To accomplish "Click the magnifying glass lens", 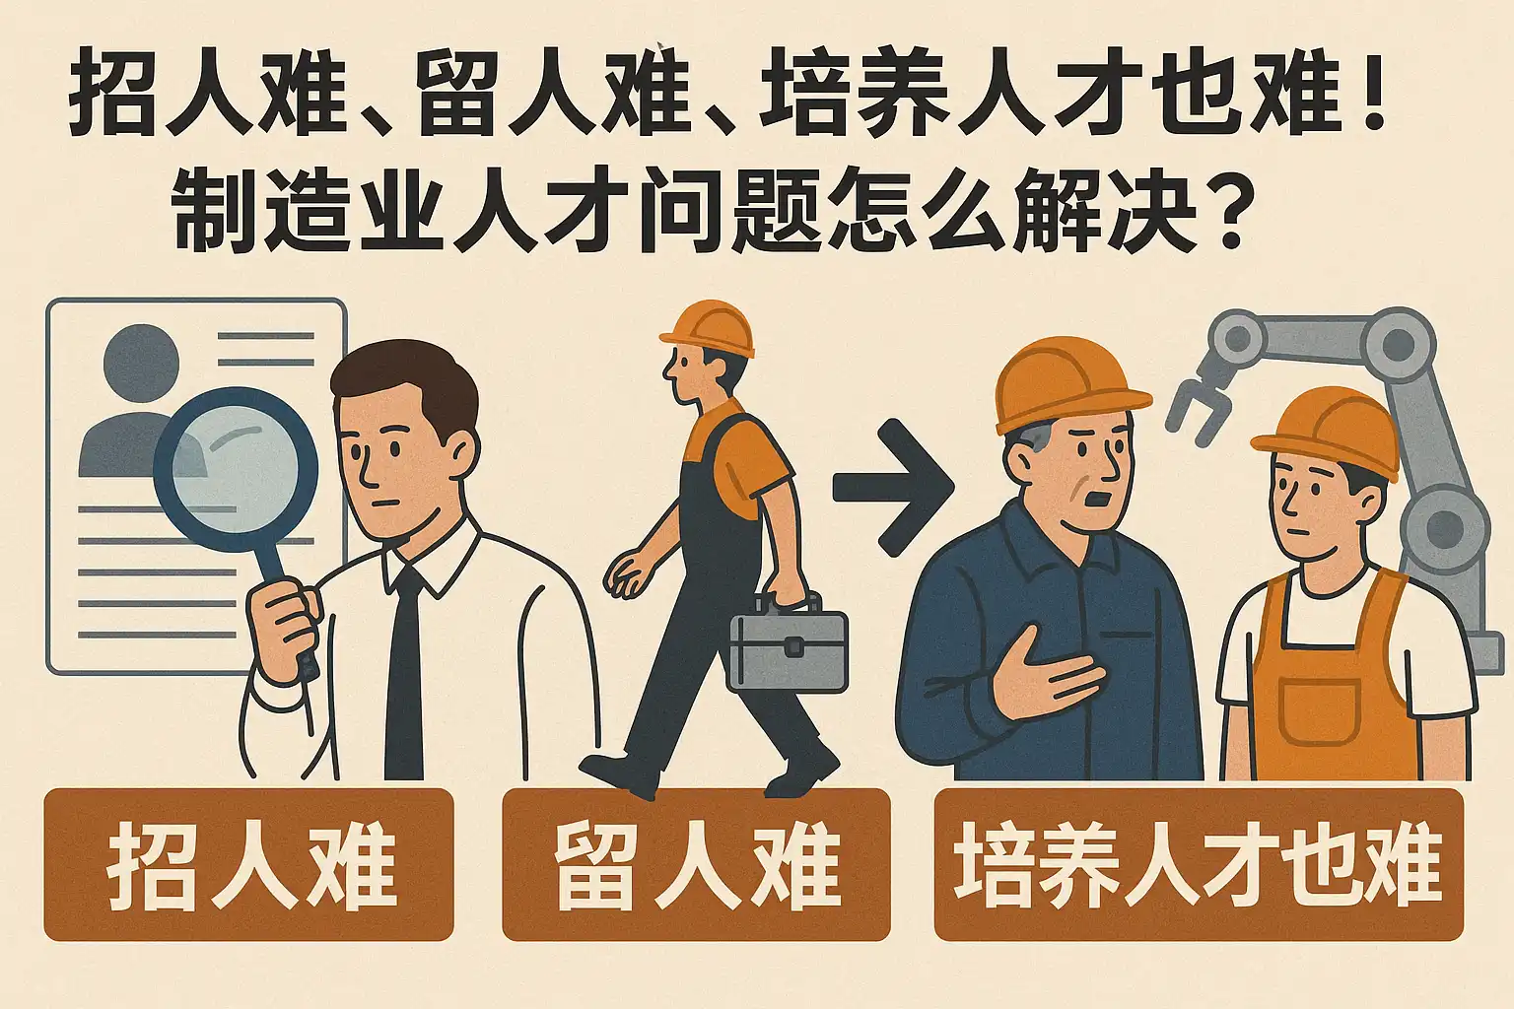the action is [236, 469].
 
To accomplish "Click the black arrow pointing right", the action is [893, 488].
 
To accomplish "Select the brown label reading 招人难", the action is [248, 864].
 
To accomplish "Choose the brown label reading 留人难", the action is [696, 864].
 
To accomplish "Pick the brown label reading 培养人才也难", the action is [1199, 864].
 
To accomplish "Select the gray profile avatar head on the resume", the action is [141, 363].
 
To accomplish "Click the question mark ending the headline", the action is [1222, 210].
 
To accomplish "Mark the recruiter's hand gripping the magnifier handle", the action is [283, 632].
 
